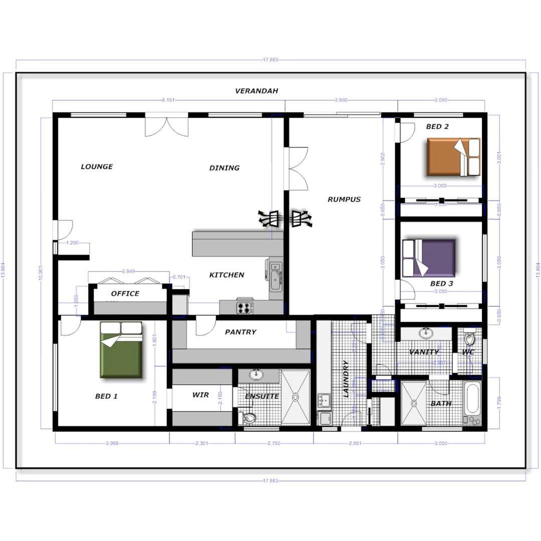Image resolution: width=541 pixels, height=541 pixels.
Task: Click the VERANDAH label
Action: tap(256, 91)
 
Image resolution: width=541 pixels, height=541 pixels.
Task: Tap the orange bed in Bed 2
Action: tap(453, 157)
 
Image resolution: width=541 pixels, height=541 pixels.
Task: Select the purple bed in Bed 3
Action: tap(430, 257)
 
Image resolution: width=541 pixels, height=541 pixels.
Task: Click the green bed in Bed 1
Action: tap(121, 350)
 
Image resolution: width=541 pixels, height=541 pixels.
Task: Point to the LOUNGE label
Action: tap(97, 167)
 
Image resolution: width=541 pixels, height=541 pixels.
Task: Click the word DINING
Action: tap(224, 168)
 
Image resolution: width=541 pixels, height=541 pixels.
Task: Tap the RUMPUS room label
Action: tap(344, 199)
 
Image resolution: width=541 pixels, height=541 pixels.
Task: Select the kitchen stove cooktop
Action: tap(245, 307)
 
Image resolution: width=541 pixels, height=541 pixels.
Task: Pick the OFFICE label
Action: tap(125, 294)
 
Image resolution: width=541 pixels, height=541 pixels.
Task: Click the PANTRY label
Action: tap(240, 332)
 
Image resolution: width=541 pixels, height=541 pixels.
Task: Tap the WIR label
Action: tap(200, 395)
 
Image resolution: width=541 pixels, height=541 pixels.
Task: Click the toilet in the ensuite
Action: tap(248, 417)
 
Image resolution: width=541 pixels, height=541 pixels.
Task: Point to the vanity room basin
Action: tap(426, 333)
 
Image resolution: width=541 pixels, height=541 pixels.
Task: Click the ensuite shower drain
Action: tap(296, 397)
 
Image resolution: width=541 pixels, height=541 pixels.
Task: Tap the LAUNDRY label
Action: tap(346, 379)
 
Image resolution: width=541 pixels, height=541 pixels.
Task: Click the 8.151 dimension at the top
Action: tap(168, 100)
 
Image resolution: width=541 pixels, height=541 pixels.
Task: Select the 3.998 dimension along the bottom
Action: tap(112, 443)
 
